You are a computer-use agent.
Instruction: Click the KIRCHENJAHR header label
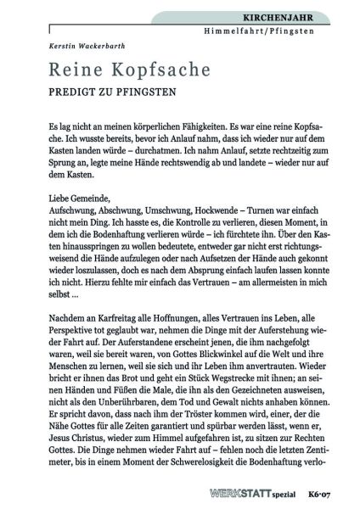(x=308, y=17)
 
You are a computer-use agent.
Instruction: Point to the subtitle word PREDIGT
(x=73, y=89)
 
